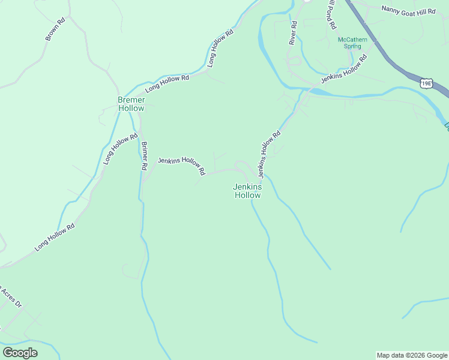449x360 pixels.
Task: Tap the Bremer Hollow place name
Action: pyautogui.click(x=131, y=104)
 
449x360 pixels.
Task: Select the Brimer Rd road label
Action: pyautogui.click(x=144, y=156)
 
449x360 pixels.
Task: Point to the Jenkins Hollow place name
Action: pyautogui.click(x=247, y=191)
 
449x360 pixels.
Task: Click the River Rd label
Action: pyautogui.click(x=293, y=34)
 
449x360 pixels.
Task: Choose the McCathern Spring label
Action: pyautogui.click(x=349, y=43)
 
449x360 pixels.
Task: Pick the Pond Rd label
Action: pyautogui.click(x=331, y=16)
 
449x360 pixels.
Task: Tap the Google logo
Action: pyautogui.click(x=20, y=353)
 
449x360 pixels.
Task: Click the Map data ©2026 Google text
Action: pyautogui.click(x=412, y=355)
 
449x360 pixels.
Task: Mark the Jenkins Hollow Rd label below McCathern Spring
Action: pyautogui.click(x=343, y=70)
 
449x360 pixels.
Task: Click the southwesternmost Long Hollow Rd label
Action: pyautogui.click(x=55, y=237)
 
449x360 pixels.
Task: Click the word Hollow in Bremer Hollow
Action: pyautogui.click(x=131, y=109)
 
